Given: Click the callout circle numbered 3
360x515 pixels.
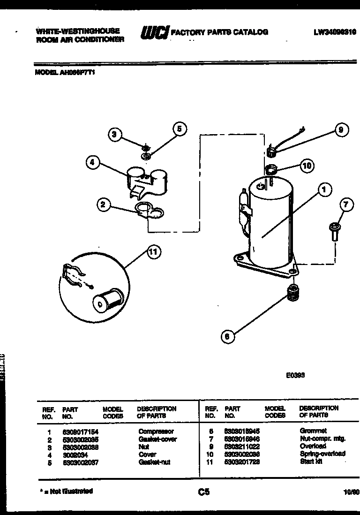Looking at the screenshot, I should tap(114, 135).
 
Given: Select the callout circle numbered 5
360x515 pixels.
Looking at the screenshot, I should tap(180, 129).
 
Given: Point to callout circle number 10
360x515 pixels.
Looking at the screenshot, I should tap(307, 165).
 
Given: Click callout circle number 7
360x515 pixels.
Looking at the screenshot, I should tap(346, 205).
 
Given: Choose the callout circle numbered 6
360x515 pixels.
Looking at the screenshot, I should tap(227, 336).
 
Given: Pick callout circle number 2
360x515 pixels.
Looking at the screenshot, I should tap(104, 204).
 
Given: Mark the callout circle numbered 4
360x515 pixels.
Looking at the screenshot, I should tap(93, 162).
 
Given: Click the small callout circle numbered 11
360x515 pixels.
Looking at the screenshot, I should tap(153, 252).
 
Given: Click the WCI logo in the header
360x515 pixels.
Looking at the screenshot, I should tap(154, 32).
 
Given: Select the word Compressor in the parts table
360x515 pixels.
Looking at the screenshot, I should tap(156, 431).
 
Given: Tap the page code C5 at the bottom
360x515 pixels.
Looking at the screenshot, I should tap(203, 492).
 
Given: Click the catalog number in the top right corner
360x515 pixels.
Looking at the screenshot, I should tap(334, 32).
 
